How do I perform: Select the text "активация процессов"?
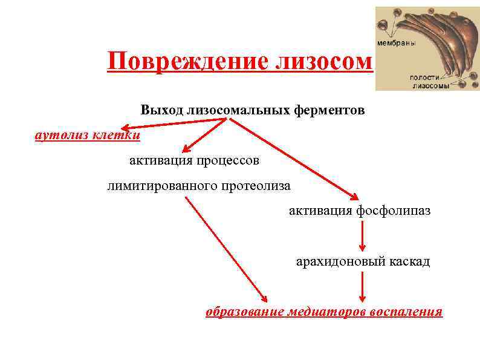194,160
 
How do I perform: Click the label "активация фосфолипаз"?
360,211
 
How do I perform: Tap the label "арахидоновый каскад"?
363,261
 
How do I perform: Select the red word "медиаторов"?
326,312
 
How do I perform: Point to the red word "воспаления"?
406,312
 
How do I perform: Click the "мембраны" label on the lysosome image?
396,44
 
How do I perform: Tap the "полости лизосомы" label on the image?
429,82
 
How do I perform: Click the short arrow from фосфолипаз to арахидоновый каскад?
362,236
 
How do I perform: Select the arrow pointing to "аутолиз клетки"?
175,123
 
